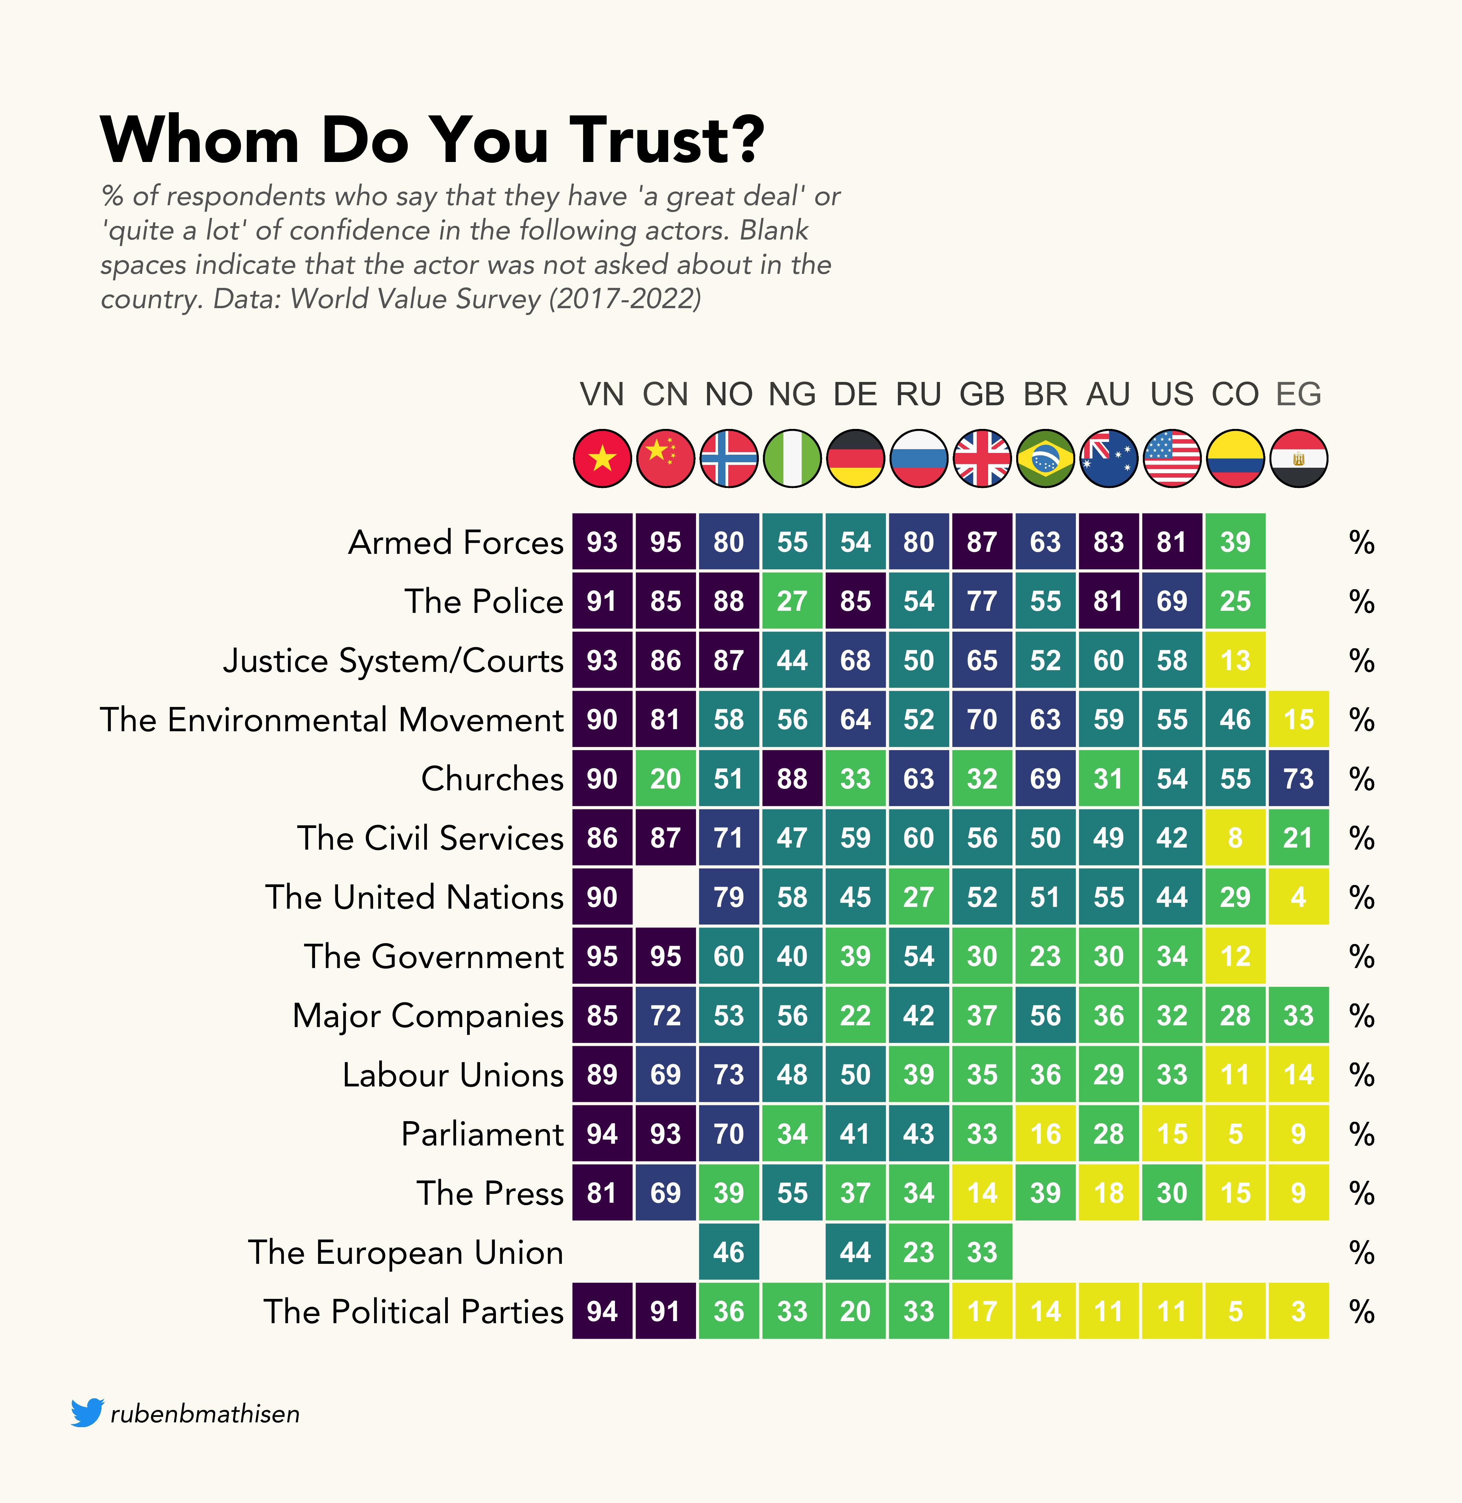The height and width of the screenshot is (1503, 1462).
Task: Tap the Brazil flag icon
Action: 1045,458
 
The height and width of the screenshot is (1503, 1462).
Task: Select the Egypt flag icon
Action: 1298,458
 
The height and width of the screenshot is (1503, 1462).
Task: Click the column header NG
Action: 792,395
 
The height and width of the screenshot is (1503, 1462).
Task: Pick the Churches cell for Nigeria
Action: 792,779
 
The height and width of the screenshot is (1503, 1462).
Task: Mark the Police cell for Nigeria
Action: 792,601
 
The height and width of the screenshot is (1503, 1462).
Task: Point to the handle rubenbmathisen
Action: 205,1414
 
